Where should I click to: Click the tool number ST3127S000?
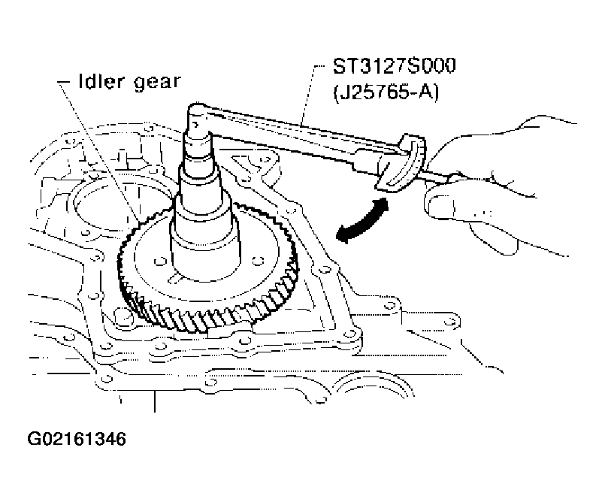[x=394, y=66]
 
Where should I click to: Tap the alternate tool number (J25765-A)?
[x=386, y=92]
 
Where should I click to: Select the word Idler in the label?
[x=101, y=81]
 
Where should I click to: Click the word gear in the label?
[x=157, y=83]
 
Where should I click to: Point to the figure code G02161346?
[x=77, y=439]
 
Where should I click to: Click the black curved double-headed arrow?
[x=363, y=222]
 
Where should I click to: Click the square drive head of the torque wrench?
[x=198, y=116]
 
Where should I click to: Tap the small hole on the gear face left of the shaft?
[x=158, y=262]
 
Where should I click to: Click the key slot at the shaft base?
[x=175, y=278]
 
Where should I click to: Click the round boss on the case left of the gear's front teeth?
[x=123, y=316]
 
